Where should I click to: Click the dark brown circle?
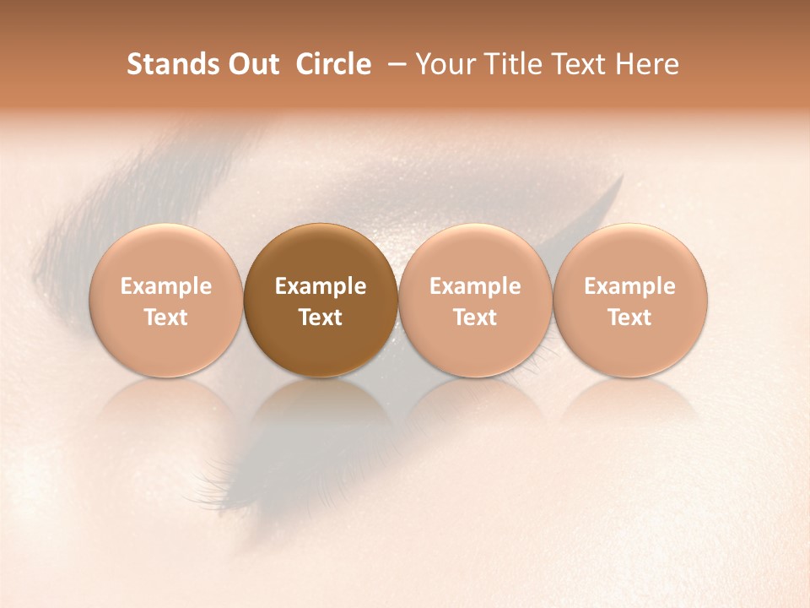point(321,300)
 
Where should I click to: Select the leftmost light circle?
point(166,300)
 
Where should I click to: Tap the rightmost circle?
point(629,300)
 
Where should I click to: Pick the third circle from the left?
point(475,300)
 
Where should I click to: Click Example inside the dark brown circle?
point(321,286)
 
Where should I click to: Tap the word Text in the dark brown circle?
point(321,318)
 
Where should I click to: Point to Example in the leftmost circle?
point(166,286)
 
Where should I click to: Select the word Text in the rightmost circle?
point(629,318)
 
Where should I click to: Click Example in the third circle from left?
point(475,286)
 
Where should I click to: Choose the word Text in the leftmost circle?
point(166,318)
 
